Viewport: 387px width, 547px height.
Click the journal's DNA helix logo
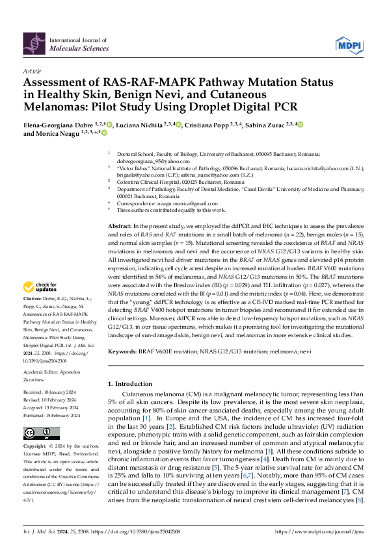[x=35, y=44]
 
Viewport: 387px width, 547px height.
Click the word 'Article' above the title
[x=31, y=70]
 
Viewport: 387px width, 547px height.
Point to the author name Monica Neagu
[x=60, y=134]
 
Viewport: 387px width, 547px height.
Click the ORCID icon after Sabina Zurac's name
[x=300, y=124]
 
